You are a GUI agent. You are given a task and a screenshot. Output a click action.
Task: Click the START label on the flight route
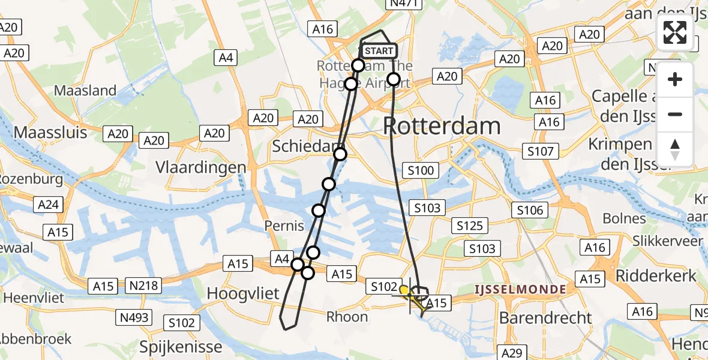(379, 51)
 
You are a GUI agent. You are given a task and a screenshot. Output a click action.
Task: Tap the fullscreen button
(675, 32)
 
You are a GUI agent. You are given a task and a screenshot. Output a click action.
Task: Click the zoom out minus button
(675, 114)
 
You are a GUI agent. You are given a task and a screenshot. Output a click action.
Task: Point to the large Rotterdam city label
(442, 126)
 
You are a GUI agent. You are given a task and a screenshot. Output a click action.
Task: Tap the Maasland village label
(85, 91)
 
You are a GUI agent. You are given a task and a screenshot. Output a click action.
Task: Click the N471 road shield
(405, 4)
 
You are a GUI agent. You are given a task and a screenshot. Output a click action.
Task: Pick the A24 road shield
(48, 205)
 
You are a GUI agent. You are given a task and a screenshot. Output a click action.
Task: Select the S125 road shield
(470, 226)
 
